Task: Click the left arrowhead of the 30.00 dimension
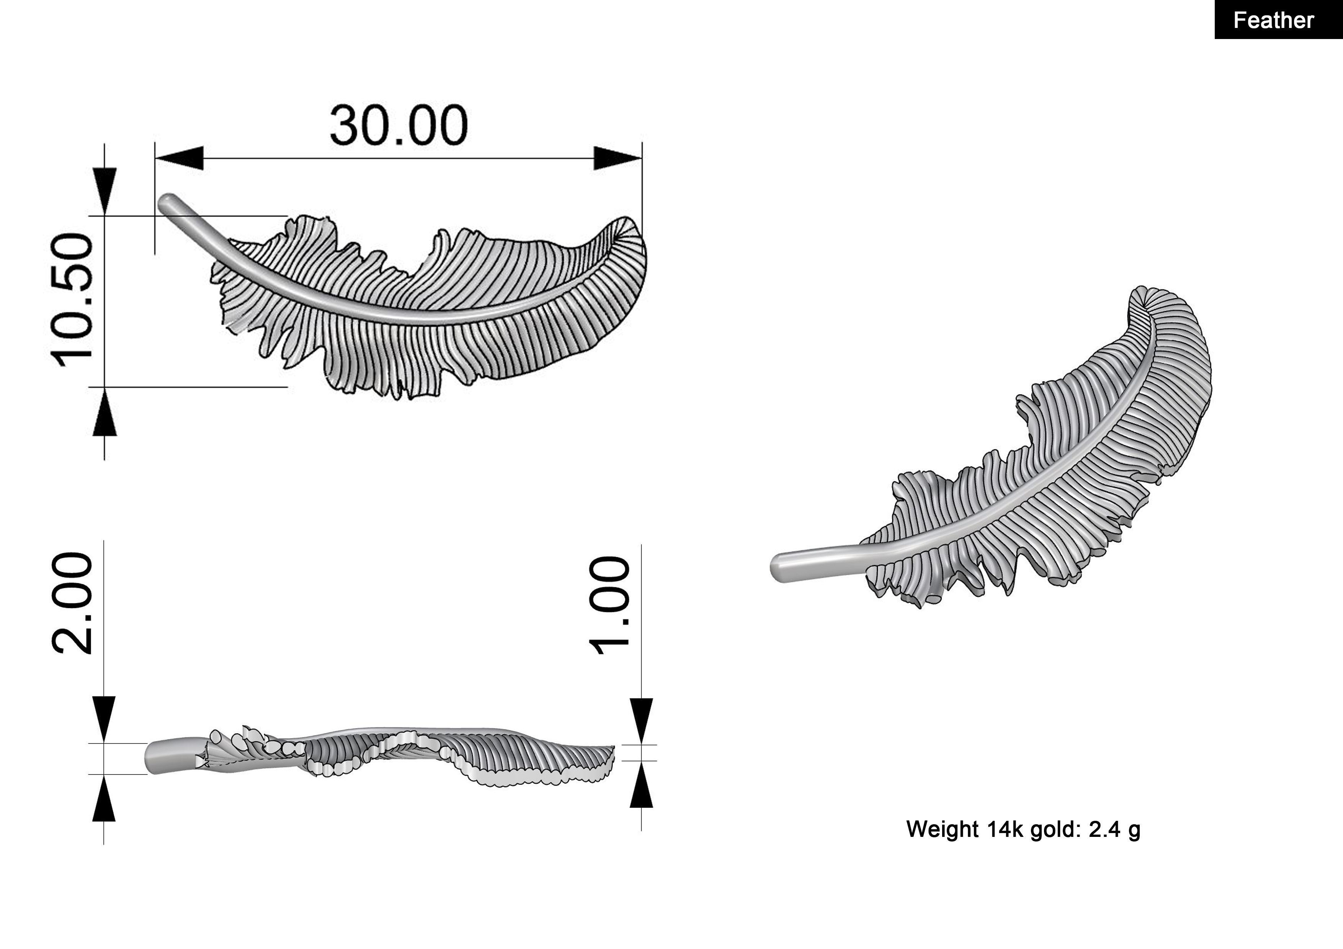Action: pos(178,158)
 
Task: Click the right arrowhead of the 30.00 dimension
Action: pos(618,158)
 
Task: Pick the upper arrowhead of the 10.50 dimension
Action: pos(105,191)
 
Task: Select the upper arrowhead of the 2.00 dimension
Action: pos(104,719)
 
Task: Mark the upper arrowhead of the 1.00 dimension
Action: pos(642,721)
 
